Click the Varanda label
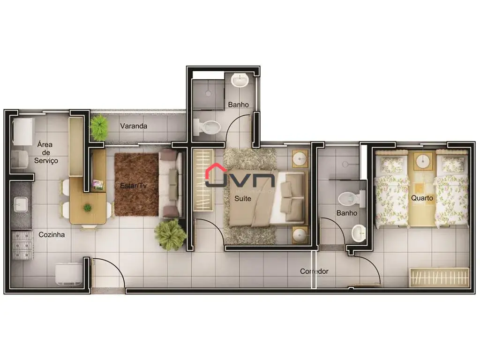134,126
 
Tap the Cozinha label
52,234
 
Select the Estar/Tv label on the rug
133,186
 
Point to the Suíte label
243,198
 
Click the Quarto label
422,198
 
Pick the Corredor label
314,271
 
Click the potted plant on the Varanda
99,127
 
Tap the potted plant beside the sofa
170,235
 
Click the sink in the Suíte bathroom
240,80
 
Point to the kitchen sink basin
21,204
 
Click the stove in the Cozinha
22,245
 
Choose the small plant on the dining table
88,208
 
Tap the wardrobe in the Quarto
439,277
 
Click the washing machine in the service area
22,132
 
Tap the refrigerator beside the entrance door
69,274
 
